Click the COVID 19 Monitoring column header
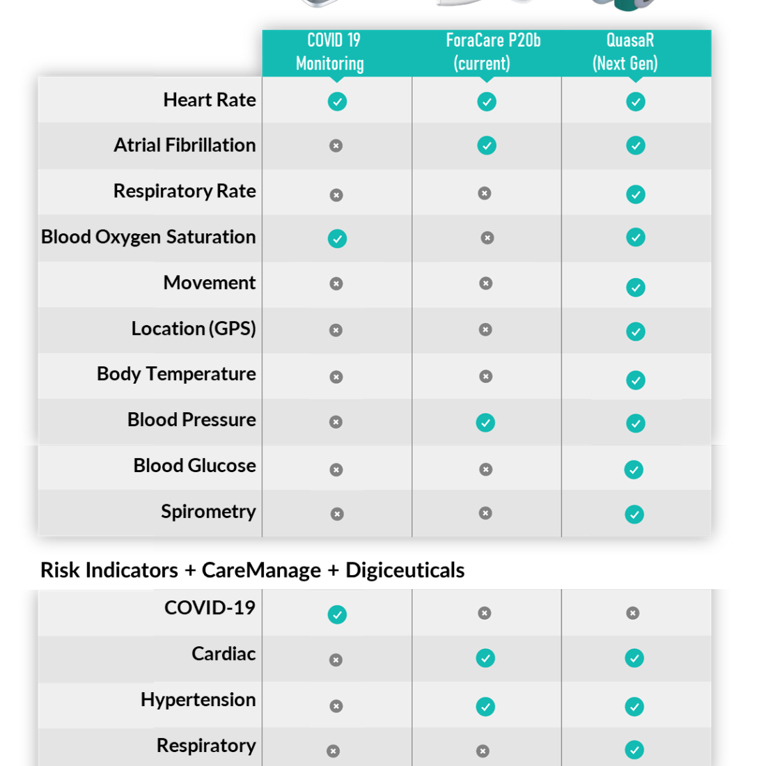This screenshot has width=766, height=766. [x=331, y=52]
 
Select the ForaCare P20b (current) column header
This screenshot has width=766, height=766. [x=493, y=52]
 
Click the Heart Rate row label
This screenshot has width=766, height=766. [x=210, y=100]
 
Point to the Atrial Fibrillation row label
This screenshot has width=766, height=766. [x=185, y=145]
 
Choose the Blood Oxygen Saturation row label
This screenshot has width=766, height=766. [x=148, y=237]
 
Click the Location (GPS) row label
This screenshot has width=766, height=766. [x=194, y=328]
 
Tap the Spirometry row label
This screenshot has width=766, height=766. [x=209, y=512]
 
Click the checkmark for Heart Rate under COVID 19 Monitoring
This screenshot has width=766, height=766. [x=337, y=102]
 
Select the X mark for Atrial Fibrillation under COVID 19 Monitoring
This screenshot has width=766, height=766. [x=336, y=146]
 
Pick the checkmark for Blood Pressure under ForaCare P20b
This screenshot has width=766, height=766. [x=485, y=423]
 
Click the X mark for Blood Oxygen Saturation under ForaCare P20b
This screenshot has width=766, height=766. [x=487, y=238]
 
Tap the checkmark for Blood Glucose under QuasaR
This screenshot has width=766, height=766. [x=634, y=470]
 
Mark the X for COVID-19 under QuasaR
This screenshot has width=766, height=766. [x=632, y=613]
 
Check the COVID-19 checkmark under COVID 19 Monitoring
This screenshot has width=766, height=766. [x=337, y=615]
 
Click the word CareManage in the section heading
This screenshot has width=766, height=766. [x=261, y=570]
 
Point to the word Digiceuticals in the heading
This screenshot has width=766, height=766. [x=405, y=570]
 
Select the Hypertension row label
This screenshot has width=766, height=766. [x=198, y=700]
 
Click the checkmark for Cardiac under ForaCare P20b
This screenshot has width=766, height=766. [x=485, y=658]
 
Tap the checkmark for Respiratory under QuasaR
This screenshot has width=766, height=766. [x=634, y=750]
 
